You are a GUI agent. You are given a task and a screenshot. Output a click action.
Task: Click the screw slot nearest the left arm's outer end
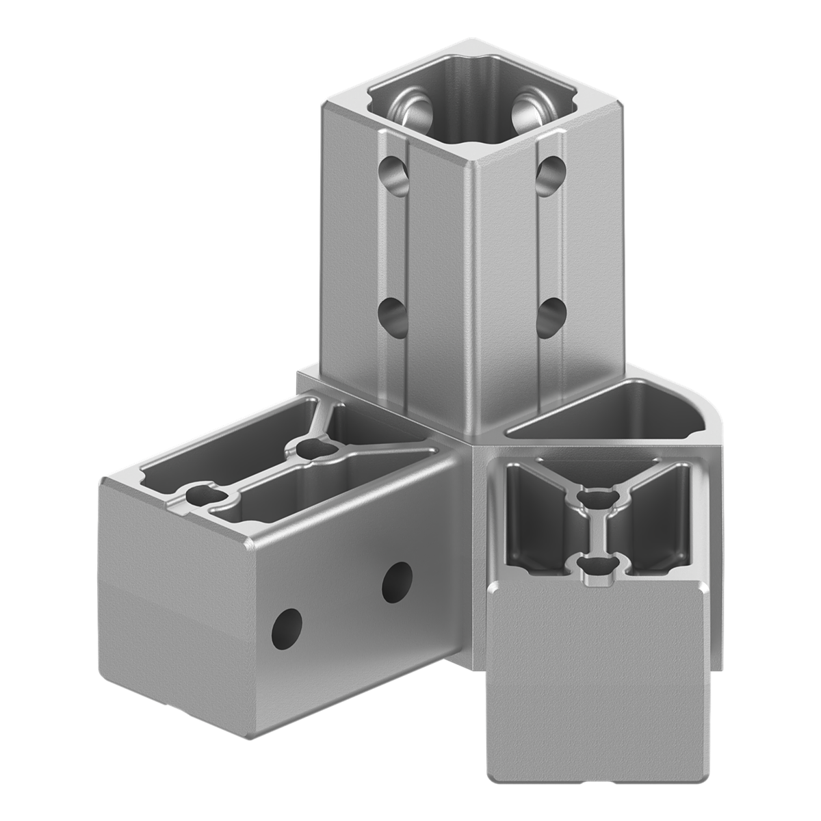pyautogui.click(x=204, y=495)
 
